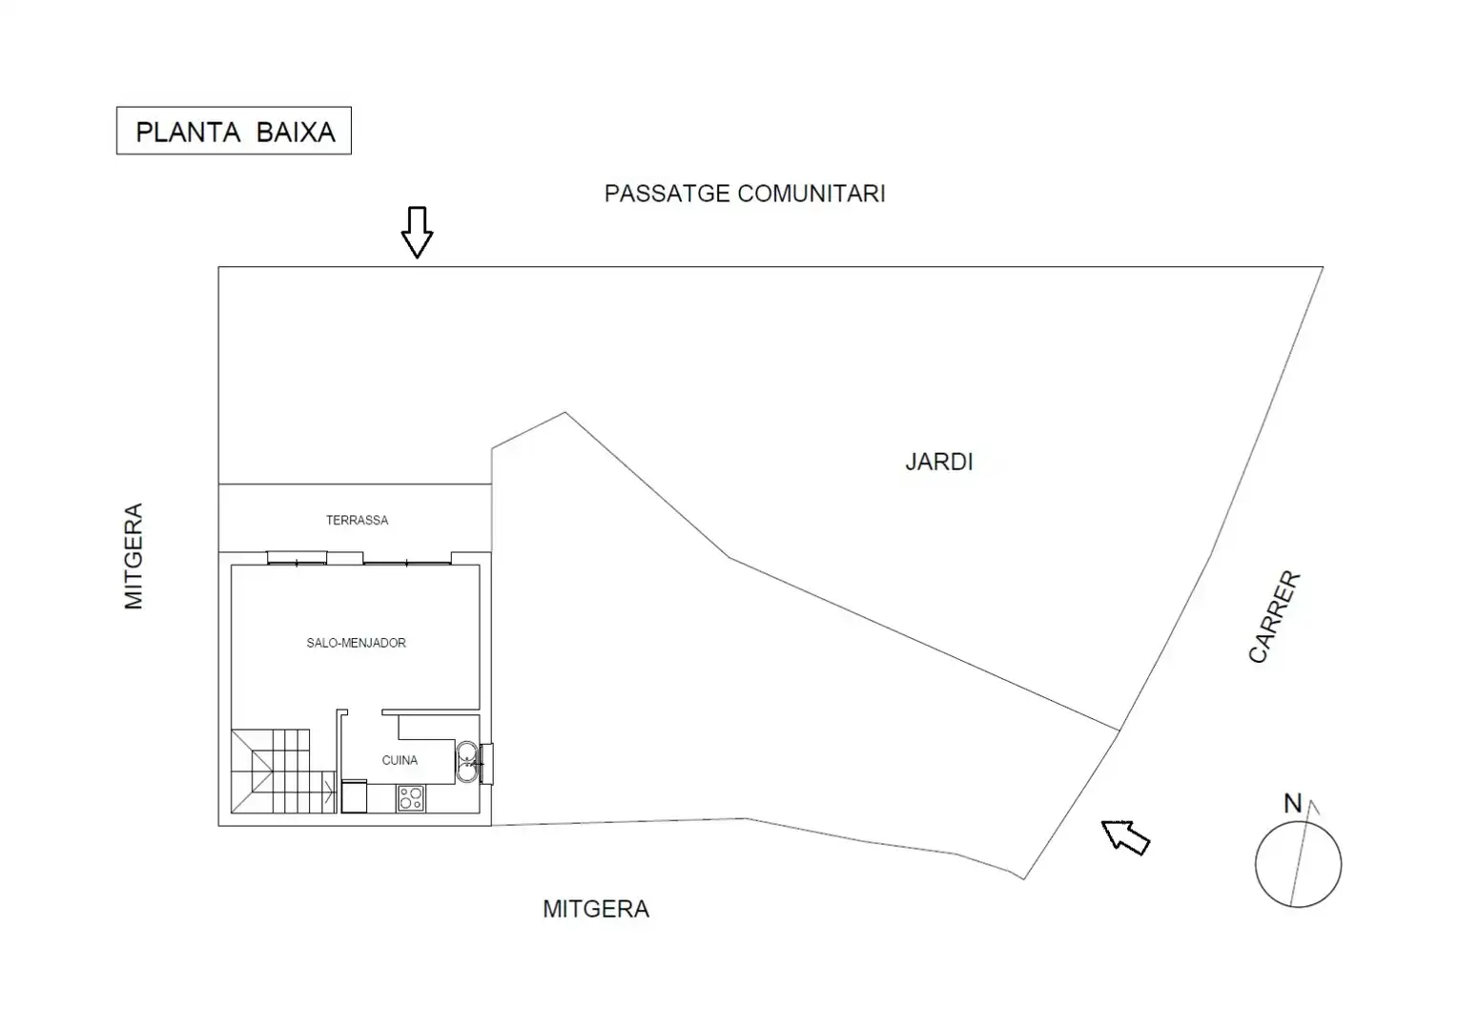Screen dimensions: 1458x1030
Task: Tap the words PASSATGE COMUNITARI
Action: tap(745, 194)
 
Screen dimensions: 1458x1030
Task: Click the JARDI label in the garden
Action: tap(938, 462)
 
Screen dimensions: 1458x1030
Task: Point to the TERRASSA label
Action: tap(357, 520)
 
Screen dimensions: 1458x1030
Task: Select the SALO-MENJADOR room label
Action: tap(356, 643)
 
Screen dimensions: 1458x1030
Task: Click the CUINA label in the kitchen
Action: tap(400, 760)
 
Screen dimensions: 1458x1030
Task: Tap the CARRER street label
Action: tap(1274, 616)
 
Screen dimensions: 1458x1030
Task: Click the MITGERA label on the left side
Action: tap(133, 556)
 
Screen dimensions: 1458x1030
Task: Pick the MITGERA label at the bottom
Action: tap(596, 909)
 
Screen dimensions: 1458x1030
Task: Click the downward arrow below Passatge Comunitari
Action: tap(417, 233)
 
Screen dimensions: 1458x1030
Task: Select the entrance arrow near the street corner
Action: tap(1125, 837)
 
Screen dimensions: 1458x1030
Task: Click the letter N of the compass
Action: tap(1293, 803)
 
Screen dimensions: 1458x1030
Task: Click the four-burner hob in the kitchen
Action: tap(411, 798)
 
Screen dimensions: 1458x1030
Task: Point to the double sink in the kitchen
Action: tap(466, 761)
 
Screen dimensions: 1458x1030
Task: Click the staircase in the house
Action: tap(284, 771)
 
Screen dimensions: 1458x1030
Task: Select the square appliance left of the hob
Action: tap(354, 796)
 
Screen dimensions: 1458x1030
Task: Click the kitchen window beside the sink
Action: tap(486, 764)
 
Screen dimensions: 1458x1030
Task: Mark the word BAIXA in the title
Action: tap(296, 133)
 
